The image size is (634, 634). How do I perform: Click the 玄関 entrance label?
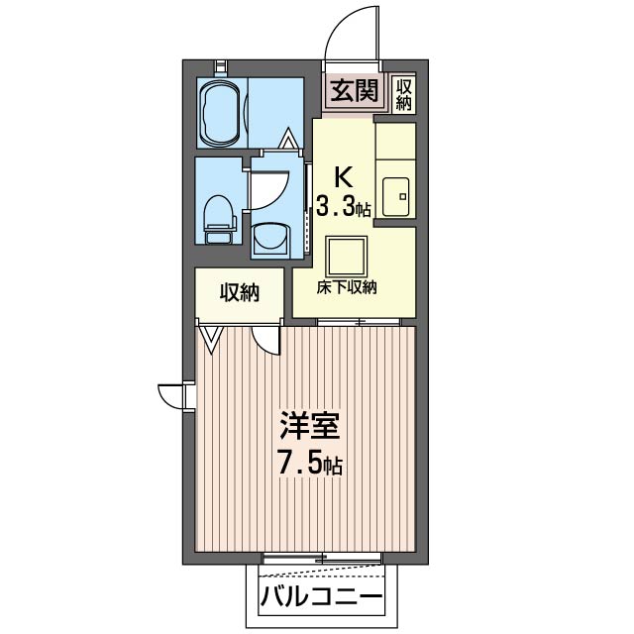(355, 90)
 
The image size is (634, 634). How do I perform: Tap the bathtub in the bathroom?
(221, 113)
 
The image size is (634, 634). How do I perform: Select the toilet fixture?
(220, 220)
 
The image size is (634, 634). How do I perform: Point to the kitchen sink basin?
(396, 197)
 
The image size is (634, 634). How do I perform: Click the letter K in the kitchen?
(343, 177)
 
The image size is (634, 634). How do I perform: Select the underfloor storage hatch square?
(348, 257)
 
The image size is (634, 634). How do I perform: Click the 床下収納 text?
(347, 287)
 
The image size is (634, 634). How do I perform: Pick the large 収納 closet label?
(240, 292)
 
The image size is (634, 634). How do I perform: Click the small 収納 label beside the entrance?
(403, 94)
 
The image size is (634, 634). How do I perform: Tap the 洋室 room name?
(309, 426)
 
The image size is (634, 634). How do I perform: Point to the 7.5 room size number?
(299, 465)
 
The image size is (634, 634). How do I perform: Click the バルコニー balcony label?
(321, 597)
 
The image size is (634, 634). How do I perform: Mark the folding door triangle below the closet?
(212, 339)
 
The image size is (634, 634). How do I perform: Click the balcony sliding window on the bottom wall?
(322, 559)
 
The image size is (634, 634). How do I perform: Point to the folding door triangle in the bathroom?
(288, 139)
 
